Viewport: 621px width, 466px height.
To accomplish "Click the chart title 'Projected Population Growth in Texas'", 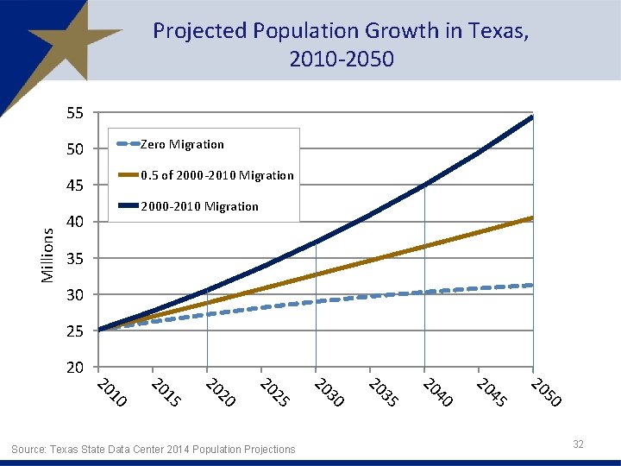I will point(341,45).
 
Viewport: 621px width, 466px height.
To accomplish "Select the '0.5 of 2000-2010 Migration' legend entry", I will point(216,175).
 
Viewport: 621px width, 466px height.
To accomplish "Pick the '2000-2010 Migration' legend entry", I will point(199,206).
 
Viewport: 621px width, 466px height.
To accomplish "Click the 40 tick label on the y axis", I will point(75,222).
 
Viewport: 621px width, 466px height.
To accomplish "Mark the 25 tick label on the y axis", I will point(75,331).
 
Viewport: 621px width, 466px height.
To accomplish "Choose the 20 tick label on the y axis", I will point(75,368).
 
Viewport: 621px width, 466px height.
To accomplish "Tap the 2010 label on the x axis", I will point(111,392).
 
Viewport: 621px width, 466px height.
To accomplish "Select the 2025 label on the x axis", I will point(274,392).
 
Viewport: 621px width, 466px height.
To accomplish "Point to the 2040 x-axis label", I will point(437,392).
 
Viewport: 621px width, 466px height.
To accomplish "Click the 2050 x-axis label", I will point(547,392).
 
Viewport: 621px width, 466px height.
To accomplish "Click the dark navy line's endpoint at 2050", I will point(532,116).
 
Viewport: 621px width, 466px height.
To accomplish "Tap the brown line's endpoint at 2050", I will point(532,217).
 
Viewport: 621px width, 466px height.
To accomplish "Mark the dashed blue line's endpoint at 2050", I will point(532,285).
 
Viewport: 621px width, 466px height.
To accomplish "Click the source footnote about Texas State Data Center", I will point(153,449).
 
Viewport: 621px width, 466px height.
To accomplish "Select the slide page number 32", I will point(578,444).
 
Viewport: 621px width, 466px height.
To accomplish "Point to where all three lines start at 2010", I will point(99,330).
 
